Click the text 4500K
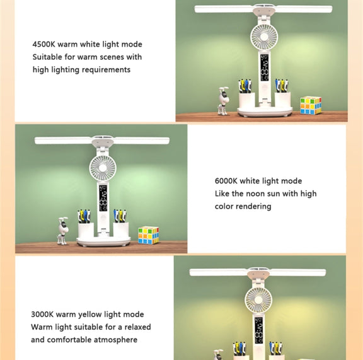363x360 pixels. (x=43, y=44)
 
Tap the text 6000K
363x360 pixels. (x=226, y=181)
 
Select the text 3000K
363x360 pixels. (x=42, y=315)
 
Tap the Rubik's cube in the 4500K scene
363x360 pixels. (x=311, y=105)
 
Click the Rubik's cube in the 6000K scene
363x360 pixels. (x=148, y=235)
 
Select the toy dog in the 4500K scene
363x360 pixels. (x=223, y=101)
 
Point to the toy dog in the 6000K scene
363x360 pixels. (x=63, y=231)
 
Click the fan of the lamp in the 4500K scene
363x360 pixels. (x=264, y=37)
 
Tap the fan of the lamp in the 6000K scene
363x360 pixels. (x=103, y=168)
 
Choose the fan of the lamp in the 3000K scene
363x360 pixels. (x=258, y=299)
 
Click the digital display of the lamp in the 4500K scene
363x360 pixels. (x=264, y=67)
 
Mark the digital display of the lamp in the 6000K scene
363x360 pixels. (x=103, y=198)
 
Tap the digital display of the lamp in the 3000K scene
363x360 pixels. (x=258, y=330)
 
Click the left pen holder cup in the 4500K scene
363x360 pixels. (x=247, y=100)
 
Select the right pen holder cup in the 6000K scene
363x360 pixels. (x=121, y=229)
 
